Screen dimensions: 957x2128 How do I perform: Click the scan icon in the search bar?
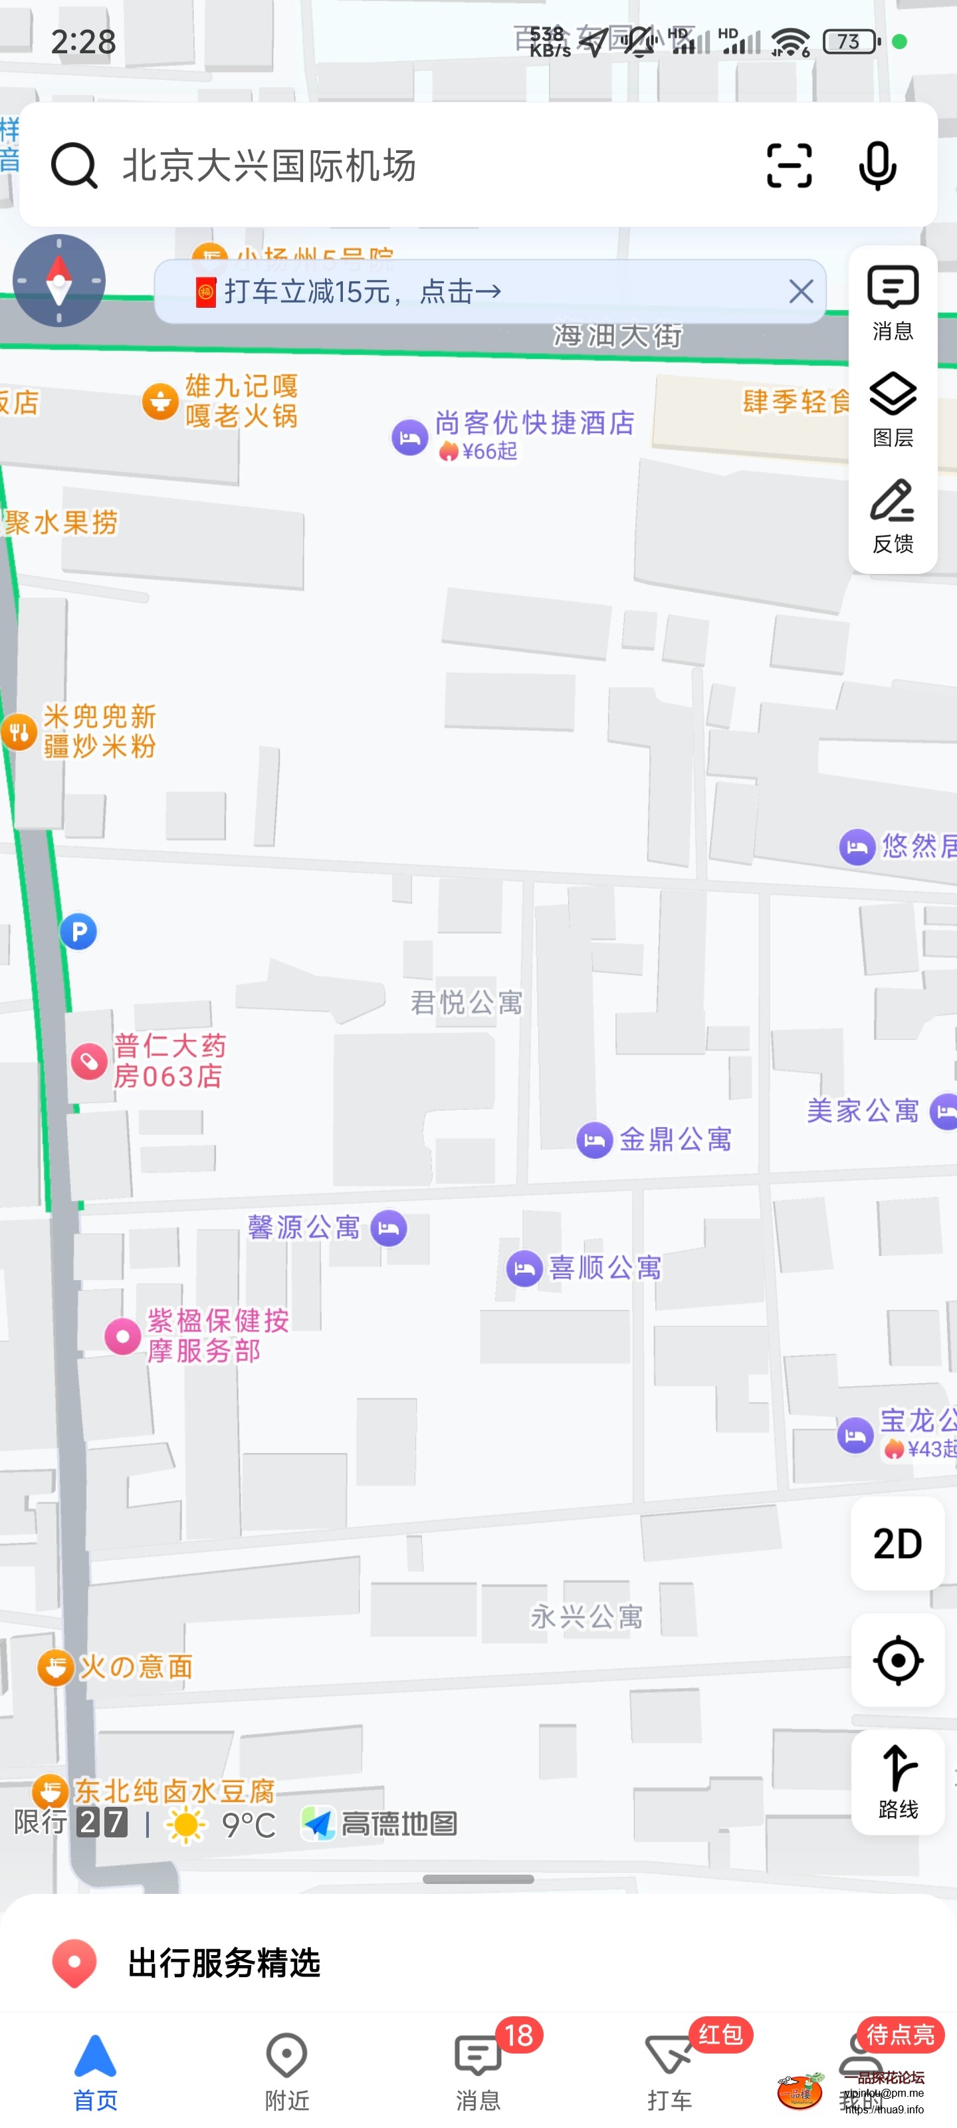click(x=789, y=165)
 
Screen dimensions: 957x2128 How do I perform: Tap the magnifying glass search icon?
click(x=74, y=165)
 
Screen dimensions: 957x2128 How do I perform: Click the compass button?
click(x=58, y=281)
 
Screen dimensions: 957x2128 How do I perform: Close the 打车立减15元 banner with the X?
click(x=800, y=292)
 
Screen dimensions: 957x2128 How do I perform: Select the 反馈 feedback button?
click(x=893, y=515)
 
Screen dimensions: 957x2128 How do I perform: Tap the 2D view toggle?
click(x=898, y=1543)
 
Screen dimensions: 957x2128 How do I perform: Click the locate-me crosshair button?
click(x=898, y=1660)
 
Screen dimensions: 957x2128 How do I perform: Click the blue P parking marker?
click(x=78, y=932)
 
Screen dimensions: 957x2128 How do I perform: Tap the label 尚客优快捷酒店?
click(x=534, y=423)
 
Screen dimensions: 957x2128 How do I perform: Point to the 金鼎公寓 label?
click(x=675, y=1140)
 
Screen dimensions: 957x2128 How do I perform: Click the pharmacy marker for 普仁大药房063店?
click(x=89, y=1061)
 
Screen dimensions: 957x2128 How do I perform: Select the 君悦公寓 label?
click(x=467, y=1003)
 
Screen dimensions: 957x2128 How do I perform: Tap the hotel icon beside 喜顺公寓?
click(x=524, y=1268)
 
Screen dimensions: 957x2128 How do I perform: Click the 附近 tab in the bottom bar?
click(x=286, y=2071)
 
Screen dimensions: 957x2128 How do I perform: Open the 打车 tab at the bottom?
click(x=669, y=2071)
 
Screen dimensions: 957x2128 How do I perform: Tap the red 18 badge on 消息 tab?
click(x=518, y=2035)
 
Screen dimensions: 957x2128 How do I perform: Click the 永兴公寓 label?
click(x=586, y=1617)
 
